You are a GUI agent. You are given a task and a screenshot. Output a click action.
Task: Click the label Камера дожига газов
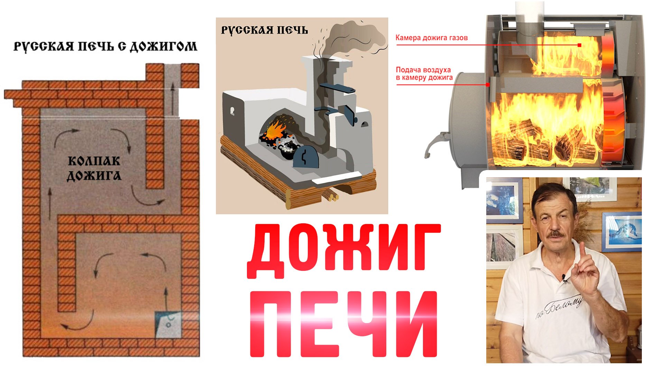click(432, 38)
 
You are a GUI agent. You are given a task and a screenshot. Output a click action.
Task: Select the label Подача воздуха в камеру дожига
click(424, 74)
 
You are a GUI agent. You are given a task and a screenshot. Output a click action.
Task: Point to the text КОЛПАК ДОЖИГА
click(94, 168)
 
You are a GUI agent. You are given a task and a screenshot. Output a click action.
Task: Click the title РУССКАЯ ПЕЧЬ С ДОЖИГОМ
click(105, 46)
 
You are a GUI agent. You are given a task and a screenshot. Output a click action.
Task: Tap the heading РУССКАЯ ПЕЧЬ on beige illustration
click(264, 30)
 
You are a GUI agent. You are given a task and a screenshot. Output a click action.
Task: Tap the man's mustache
click(556, 234)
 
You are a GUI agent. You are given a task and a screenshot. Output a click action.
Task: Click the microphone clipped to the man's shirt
click(565, 278)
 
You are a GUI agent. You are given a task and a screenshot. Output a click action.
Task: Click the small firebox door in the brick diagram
click(168, 324)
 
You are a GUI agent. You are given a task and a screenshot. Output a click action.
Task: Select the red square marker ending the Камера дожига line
click(579, 45)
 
